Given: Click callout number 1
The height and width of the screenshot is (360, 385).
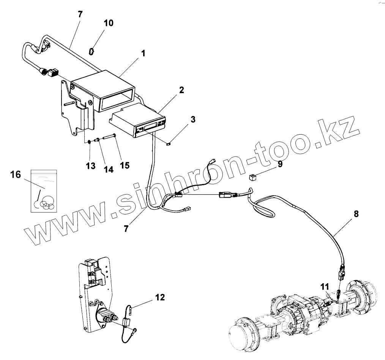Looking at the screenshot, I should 143,54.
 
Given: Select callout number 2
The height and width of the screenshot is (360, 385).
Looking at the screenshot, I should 181,90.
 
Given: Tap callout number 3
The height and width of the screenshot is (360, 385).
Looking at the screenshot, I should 193,119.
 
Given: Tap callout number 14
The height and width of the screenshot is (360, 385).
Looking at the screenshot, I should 109,170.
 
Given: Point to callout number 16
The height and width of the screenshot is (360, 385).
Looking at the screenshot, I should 16,174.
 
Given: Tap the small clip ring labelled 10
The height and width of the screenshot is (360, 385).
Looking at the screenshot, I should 92,50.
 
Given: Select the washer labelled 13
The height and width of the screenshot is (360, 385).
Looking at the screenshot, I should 90,142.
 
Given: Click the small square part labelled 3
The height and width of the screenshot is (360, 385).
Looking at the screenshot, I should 170,143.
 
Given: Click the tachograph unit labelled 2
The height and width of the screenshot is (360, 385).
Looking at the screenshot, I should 140,122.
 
